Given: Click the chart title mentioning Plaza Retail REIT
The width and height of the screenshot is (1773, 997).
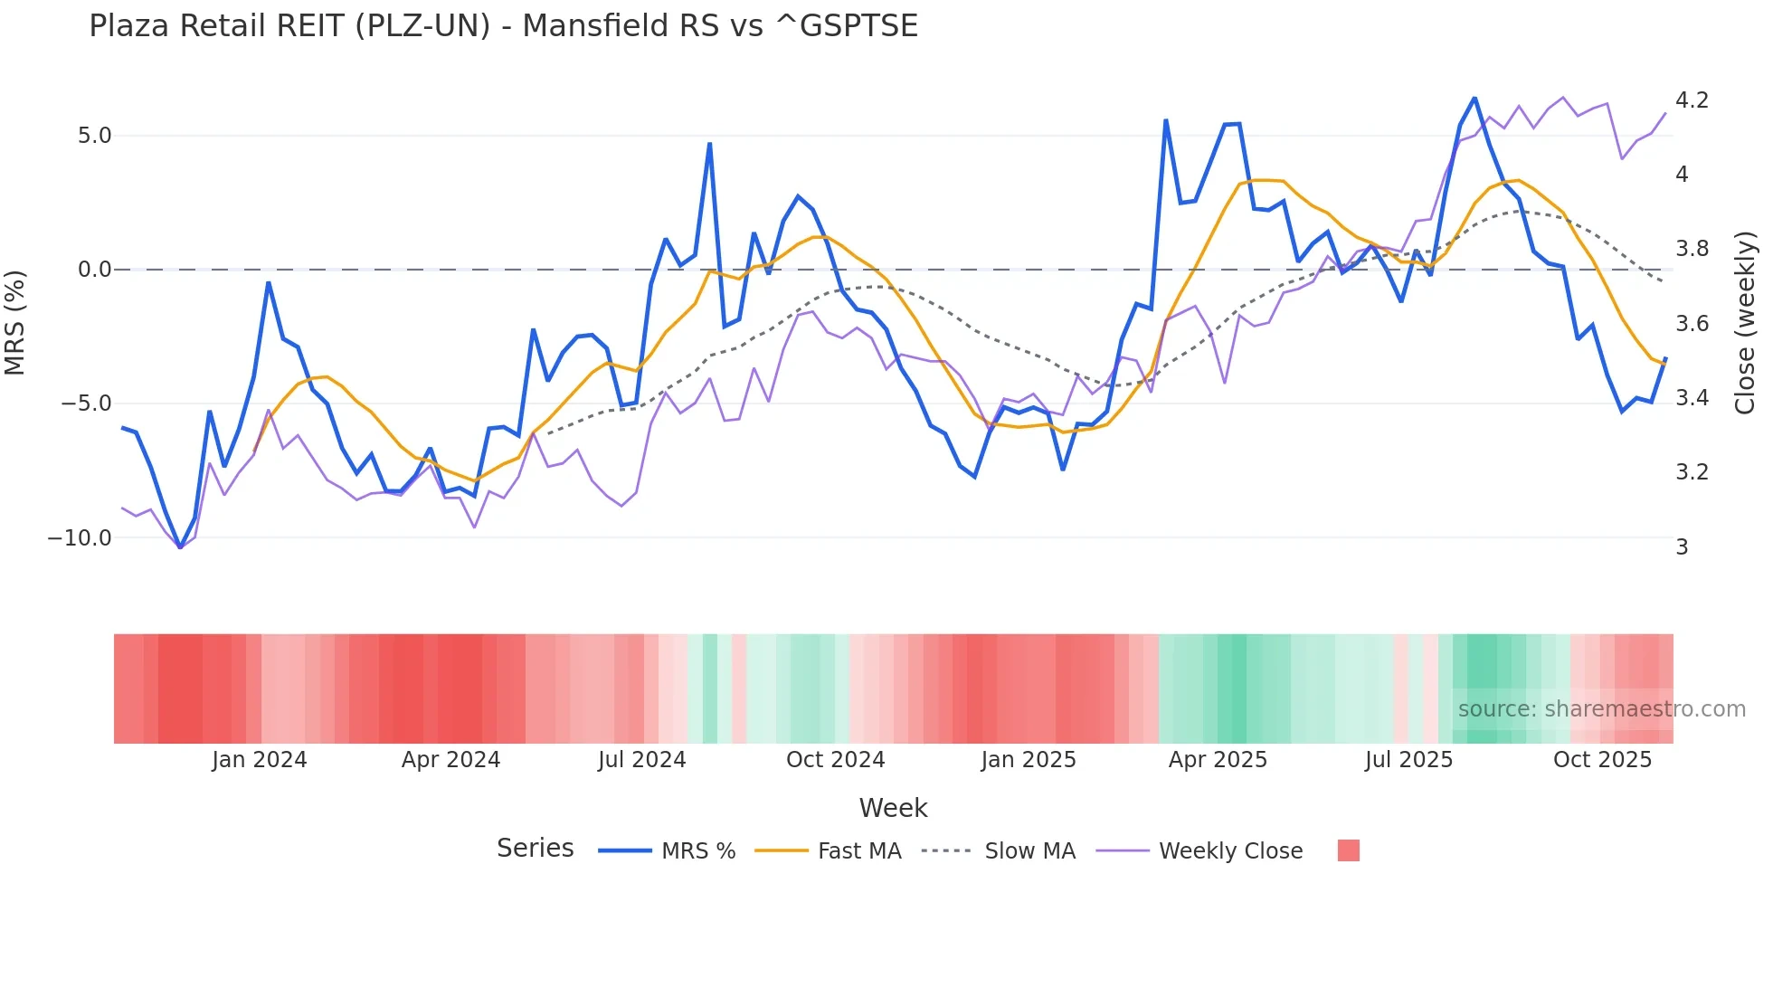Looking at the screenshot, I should pyautogui.click(x=503, y=26).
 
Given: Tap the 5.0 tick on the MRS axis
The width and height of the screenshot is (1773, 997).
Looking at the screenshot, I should pyautogui.click(x=94, y=136).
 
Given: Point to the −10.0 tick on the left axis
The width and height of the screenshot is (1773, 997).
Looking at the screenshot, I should pyautogui.click(x=80, y=538).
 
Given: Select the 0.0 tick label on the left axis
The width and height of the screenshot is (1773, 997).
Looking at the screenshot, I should pyautogui.click(x=94, y=270).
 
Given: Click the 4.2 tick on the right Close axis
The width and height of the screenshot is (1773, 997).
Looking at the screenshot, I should pyautogui.click(x=1692, y=100).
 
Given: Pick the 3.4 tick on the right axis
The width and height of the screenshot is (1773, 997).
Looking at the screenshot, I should pyautogui.click(x=1692, y=398).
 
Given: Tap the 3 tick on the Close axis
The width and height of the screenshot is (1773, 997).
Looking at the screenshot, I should pyautogui.click(x=1682, y=547).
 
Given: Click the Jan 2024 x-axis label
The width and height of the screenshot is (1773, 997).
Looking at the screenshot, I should pyautogui.click(x=260, y=760).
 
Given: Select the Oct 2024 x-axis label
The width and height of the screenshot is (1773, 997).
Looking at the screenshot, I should pyautogui.click(x=835, y=760).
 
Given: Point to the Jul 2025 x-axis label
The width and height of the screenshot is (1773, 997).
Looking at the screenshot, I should pyautogui.click(x=1408, y=760).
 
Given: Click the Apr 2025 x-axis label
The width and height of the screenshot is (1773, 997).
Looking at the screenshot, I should pyautogui.click(x=1218, y=760).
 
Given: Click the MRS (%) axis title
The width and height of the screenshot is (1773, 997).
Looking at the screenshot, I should pyautogui.click(x=15, y=323).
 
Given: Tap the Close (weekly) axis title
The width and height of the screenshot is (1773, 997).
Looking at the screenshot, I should pyautogui.click(x=1745, y=323).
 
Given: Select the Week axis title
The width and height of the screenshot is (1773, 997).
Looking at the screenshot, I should pyautogui.click(x=893, y=808).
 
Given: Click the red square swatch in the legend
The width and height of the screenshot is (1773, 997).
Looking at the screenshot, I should pyautogui.click(x=1348, y=850).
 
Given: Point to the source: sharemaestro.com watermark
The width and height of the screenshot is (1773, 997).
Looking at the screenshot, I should pyautogui.click(x=1601, y=709).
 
